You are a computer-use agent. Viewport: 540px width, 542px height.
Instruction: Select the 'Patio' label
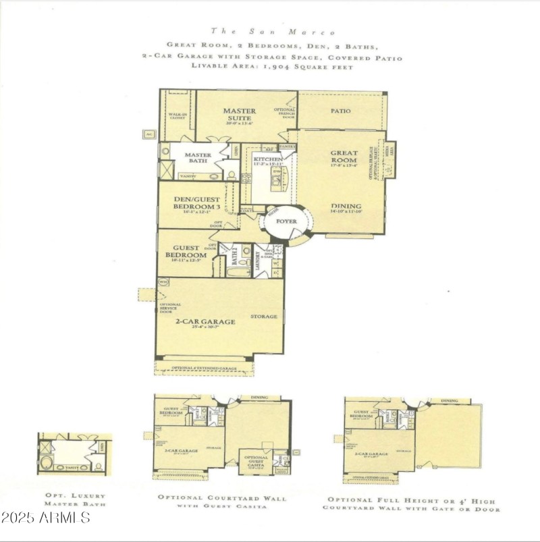click(x=340, y=111)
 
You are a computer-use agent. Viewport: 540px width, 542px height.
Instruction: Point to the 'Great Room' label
click(x=344, y=157)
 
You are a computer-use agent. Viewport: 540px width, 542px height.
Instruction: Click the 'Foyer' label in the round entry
click(x=287, y=221)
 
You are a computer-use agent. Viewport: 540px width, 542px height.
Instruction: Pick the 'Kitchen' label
click(x=263, y=159)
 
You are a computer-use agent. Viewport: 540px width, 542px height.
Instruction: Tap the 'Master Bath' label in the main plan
click(x=198, y=159)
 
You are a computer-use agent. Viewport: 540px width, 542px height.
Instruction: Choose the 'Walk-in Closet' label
click(x=178, y=116)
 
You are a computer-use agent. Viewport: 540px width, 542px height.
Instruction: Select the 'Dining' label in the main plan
click(x=346, y=206)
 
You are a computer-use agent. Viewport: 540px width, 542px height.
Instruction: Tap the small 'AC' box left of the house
click(x=149, y=134)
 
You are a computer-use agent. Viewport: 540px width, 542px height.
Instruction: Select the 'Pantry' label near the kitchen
click(x=288, y=146)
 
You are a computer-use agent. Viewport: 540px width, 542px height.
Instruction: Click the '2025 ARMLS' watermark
click(x=45, y=518)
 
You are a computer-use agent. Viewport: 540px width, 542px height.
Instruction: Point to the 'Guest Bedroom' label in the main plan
click(x=185, y=251)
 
